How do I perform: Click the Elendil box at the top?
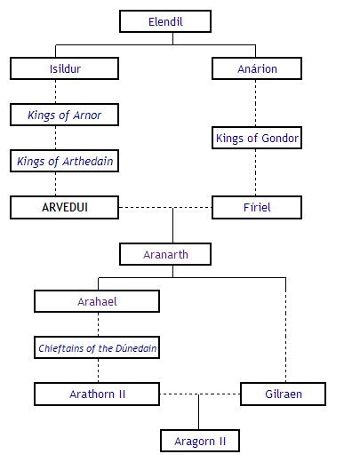(165, 21)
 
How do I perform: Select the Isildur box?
(64, 68)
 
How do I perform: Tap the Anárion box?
(257, 68)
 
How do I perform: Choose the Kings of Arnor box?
(64, 115)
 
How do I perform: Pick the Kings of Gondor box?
(257, 138)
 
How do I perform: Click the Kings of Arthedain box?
(64, 161)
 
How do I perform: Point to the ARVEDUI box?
(64, 207)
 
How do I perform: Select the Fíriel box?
(257, 207)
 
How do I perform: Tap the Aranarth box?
(165, 254)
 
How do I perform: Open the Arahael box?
(97, 301)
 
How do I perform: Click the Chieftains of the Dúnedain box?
(97, 348)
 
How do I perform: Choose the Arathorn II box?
(97, 394)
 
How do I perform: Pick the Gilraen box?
(283, 394)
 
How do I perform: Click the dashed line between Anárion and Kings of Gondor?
(257, 103)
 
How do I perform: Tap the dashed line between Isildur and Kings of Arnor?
(55, 92)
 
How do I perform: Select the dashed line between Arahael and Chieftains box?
(97, 324)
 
